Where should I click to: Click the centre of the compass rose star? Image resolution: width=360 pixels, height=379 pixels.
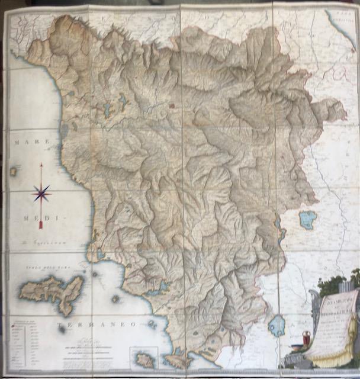coord(41,193)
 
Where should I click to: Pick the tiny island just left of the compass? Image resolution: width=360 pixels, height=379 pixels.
coord(13,171)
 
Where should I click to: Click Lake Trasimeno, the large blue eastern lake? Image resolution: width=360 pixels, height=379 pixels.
coord(307,220)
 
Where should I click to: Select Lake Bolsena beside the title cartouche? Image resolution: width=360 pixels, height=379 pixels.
coord(277,325)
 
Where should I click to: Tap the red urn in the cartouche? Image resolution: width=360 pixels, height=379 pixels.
coord(306,338)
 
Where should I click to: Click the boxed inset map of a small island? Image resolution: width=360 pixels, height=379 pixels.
coord(144,358)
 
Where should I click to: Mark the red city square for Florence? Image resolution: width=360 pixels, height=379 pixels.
coord(172,107)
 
